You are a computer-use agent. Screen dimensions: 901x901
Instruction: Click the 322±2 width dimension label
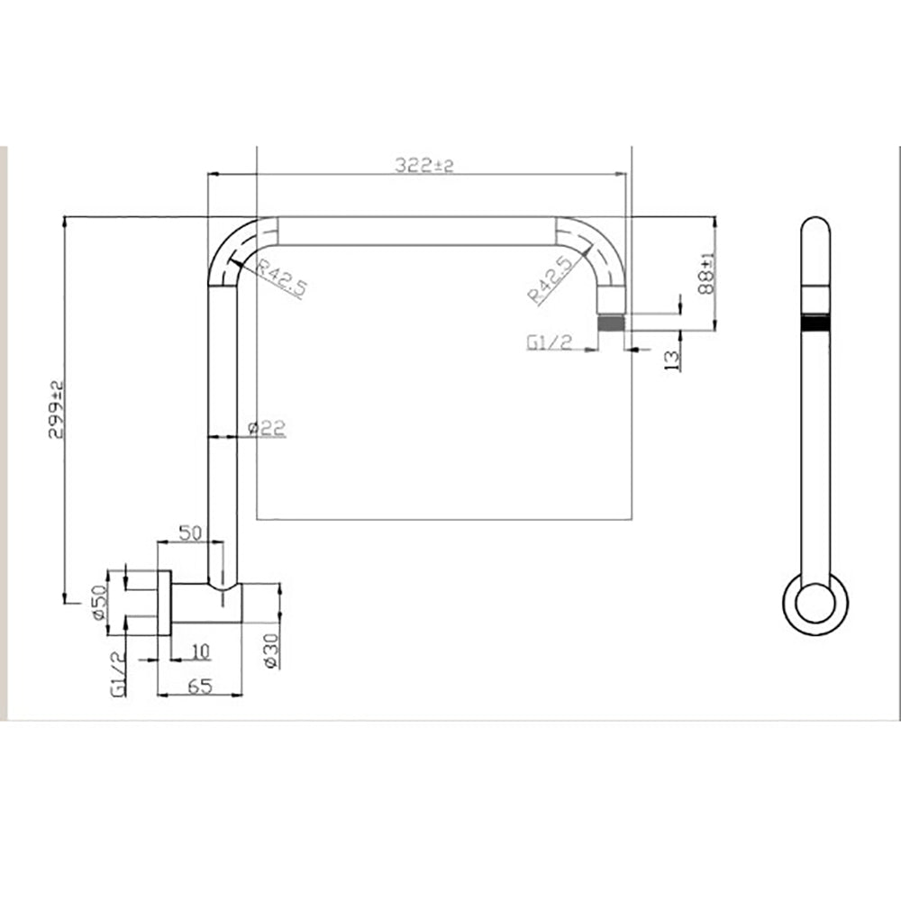click(x=424, y=165)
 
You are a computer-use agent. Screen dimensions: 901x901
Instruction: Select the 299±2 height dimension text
click(x=56, y=408)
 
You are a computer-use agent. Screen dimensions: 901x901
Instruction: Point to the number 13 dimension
click(x=671, y=360)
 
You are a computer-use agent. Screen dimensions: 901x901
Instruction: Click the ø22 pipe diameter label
click(x=267, y=428)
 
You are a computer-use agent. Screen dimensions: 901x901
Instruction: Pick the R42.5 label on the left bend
click(x=281, y=278)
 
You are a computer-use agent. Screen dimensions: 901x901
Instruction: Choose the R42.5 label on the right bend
click(x=551, y=280)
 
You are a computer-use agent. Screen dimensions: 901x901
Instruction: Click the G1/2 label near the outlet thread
click(x=550, y=342)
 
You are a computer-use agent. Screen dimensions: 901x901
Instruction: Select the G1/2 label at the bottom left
click(x=118, y=673)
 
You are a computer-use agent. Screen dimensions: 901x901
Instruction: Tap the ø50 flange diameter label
click(x=98, y=602)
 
